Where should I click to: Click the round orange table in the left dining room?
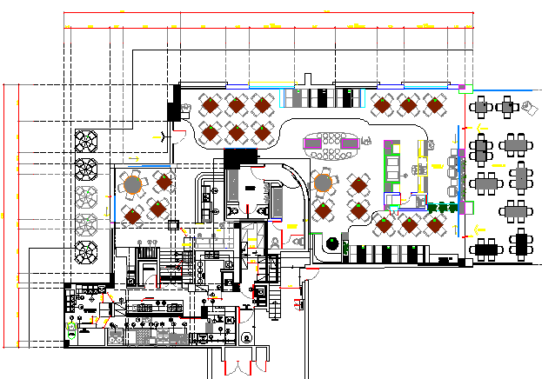tap(132, 185)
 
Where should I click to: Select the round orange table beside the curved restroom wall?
tap(322, 183)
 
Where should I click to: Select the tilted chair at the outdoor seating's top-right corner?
tap(532, 108)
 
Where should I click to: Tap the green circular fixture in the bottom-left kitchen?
tap(72, 329)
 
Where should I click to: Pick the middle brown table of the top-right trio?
tap(408, 106)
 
